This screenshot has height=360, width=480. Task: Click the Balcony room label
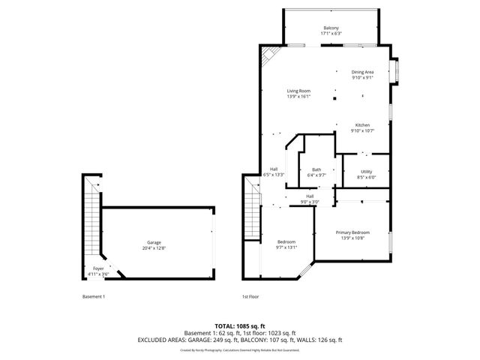(x=331, y=27)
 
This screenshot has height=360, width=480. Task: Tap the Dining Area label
(x=362, y=72)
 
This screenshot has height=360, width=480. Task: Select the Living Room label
(x=298, y=91)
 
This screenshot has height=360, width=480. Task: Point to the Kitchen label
(x=362, y=124)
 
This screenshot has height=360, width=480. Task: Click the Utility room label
(x=366, y=172)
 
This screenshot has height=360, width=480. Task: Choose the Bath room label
(x=316, y=169)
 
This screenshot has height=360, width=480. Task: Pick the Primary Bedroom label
(x=352, y=232)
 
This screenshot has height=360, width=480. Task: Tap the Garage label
(x=154, y=242)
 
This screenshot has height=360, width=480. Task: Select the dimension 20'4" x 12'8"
(x=154, y=248)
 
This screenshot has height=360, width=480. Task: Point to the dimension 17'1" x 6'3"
(x=331, y=33)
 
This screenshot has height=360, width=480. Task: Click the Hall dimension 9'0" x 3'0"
(x=310, y=202)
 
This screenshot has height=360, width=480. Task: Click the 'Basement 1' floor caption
(x=94, y=297)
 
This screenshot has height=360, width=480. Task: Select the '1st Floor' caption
(x=250, y=297)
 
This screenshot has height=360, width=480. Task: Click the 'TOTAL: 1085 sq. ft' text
(x=240, y=326)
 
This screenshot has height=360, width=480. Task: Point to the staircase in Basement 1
(x=92, y=221)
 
